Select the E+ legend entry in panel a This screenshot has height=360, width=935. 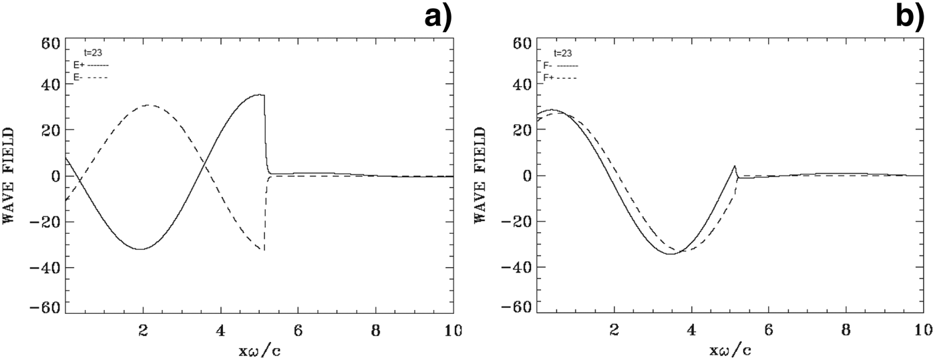[91, 65]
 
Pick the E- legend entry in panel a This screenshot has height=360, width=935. [91, 77]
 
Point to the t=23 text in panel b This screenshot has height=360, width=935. [563, 52]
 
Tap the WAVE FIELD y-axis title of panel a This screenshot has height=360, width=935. [12, 176]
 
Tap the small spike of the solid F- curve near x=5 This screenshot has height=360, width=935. [735, 166]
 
